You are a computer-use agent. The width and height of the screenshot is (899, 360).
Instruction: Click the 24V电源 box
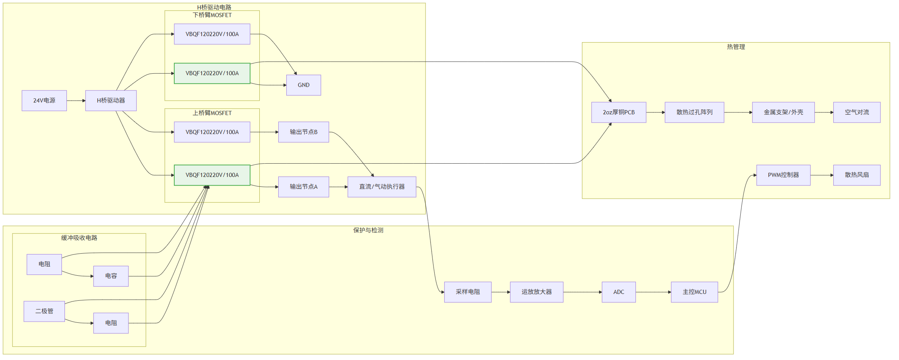(44, 101)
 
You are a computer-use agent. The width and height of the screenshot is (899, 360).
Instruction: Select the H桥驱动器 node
(111, 101)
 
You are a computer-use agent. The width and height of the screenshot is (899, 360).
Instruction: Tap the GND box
(304, 85)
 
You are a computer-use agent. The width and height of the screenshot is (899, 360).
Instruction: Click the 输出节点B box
(304, 132)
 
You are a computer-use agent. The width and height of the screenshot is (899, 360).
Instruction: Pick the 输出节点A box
(304, 187)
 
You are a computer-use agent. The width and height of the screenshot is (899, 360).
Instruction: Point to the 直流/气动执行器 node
(382, 187)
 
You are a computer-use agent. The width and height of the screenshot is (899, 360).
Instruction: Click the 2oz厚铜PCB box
(619, 112)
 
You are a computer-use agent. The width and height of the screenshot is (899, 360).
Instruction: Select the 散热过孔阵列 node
(694, 112)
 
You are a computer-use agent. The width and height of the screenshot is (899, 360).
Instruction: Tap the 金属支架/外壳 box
(784, 112)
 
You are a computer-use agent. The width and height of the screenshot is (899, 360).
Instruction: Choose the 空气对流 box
(857, 112)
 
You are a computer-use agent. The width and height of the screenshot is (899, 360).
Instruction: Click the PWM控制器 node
(784, 175)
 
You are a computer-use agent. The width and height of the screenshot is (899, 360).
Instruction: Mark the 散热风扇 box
(857, 175)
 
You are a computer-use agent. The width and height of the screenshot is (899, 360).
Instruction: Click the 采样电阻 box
(468, 292)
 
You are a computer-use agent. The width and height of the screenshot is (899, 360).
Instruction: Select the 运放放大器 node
(537, 292)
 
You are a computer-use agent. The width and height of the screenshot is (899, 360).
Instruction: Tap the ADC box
(619, 292)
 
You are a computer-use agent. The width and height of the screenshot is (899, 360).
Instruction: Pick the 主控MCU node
(694, 292)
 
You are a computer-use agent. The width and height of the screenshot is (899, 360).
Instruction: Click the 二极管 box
(44, 311)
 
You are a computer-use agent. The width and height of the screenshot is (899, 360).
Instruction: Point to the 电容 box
(111, 276)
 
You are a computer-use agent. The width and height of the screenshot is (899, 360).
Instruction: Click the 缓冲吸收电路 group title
(79, 238)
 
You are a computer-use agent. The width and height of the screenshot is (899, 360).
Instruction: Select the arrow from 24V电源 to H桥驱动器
(76, 101)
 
